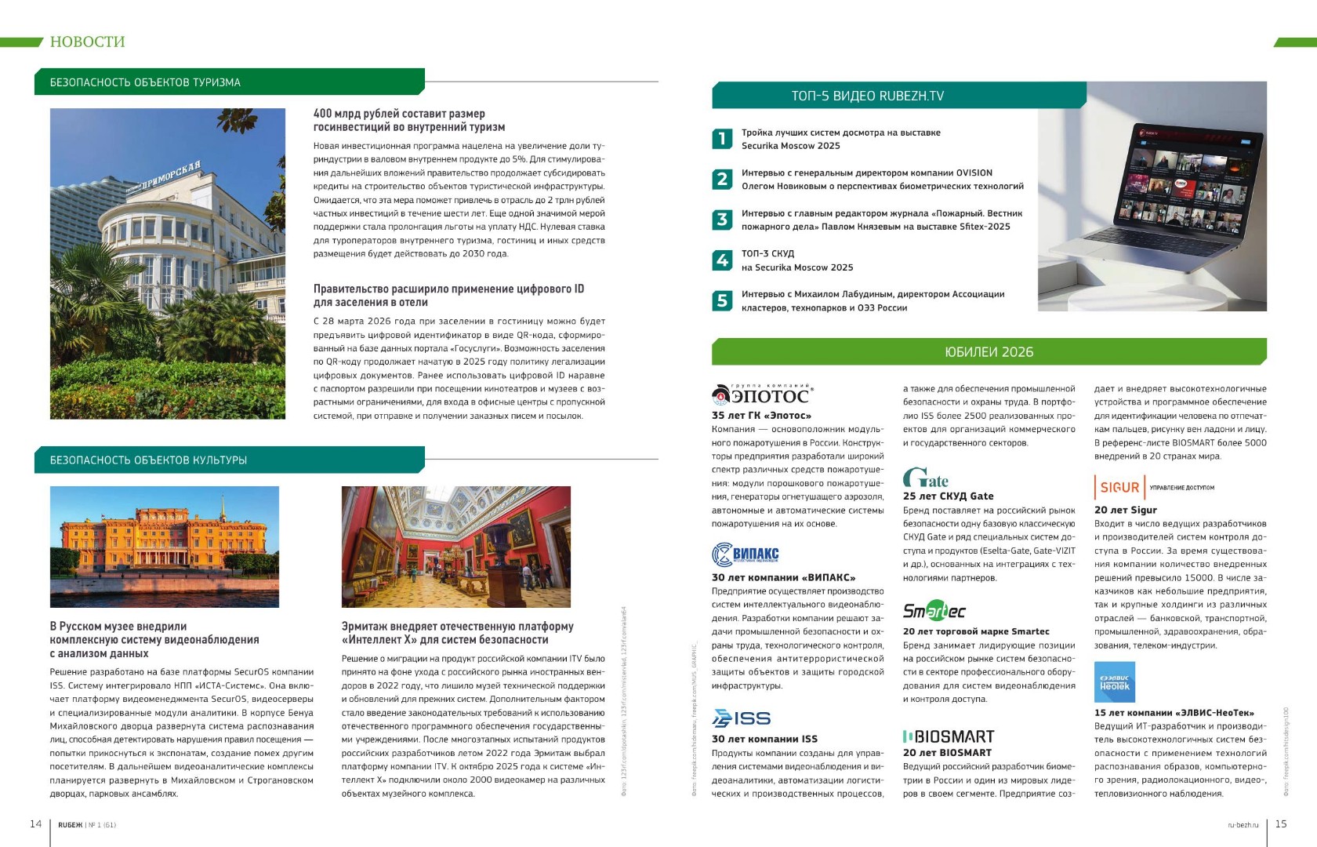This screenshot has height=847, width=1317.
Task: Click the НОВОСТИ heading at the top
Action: tap(87, 42)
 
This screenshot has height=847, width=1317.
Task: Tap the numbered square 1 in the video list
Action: tap(722, 139)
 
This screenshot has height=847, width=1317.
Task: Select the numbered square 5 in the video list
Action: tap(722, 300)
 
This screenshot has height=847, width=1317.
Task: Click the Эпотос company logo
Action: tap(762, 394)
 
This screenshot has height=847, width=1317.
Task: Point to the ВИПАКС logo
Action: tap(746, 554)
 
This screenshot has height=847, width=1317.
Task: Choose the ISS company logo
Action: tap(742, 718)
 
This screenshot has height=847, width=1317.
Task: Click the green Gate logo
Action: tap(926, 478)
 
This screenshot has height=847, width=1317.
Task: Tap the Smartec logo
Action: tap(934, 610)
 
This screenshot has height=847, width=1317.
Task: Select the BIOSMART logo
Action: tap(949, 736)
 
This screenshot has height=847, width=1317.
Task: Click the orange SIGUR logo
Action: tap(1119, 487)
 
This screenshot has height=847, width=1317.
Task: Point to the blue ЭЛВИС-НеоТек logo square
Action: tap(1114, 682)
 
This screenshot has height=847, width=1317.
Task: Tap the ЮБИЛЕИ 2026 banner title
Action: tap(989, 352)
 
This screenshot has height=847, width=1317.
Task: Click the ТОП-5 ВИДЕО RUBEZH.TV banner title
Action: tap(867, 96)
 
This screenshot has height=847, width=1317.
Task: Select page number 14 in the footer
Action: tap(35, 823)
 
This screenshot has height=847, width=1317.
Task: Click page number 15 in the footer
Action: tap(1281, 823)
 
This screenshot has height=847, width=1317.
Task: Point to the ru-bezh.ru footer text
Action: tap(1243, 825)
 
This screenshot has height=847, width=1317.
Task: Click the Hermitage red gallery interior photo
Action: tap(455, 547)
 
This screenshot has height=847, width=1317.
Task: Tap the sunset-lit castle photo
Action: tap(164, 547)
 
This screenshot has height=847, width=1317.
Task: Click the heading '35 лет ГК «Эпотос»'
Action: tap(761, 416)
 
